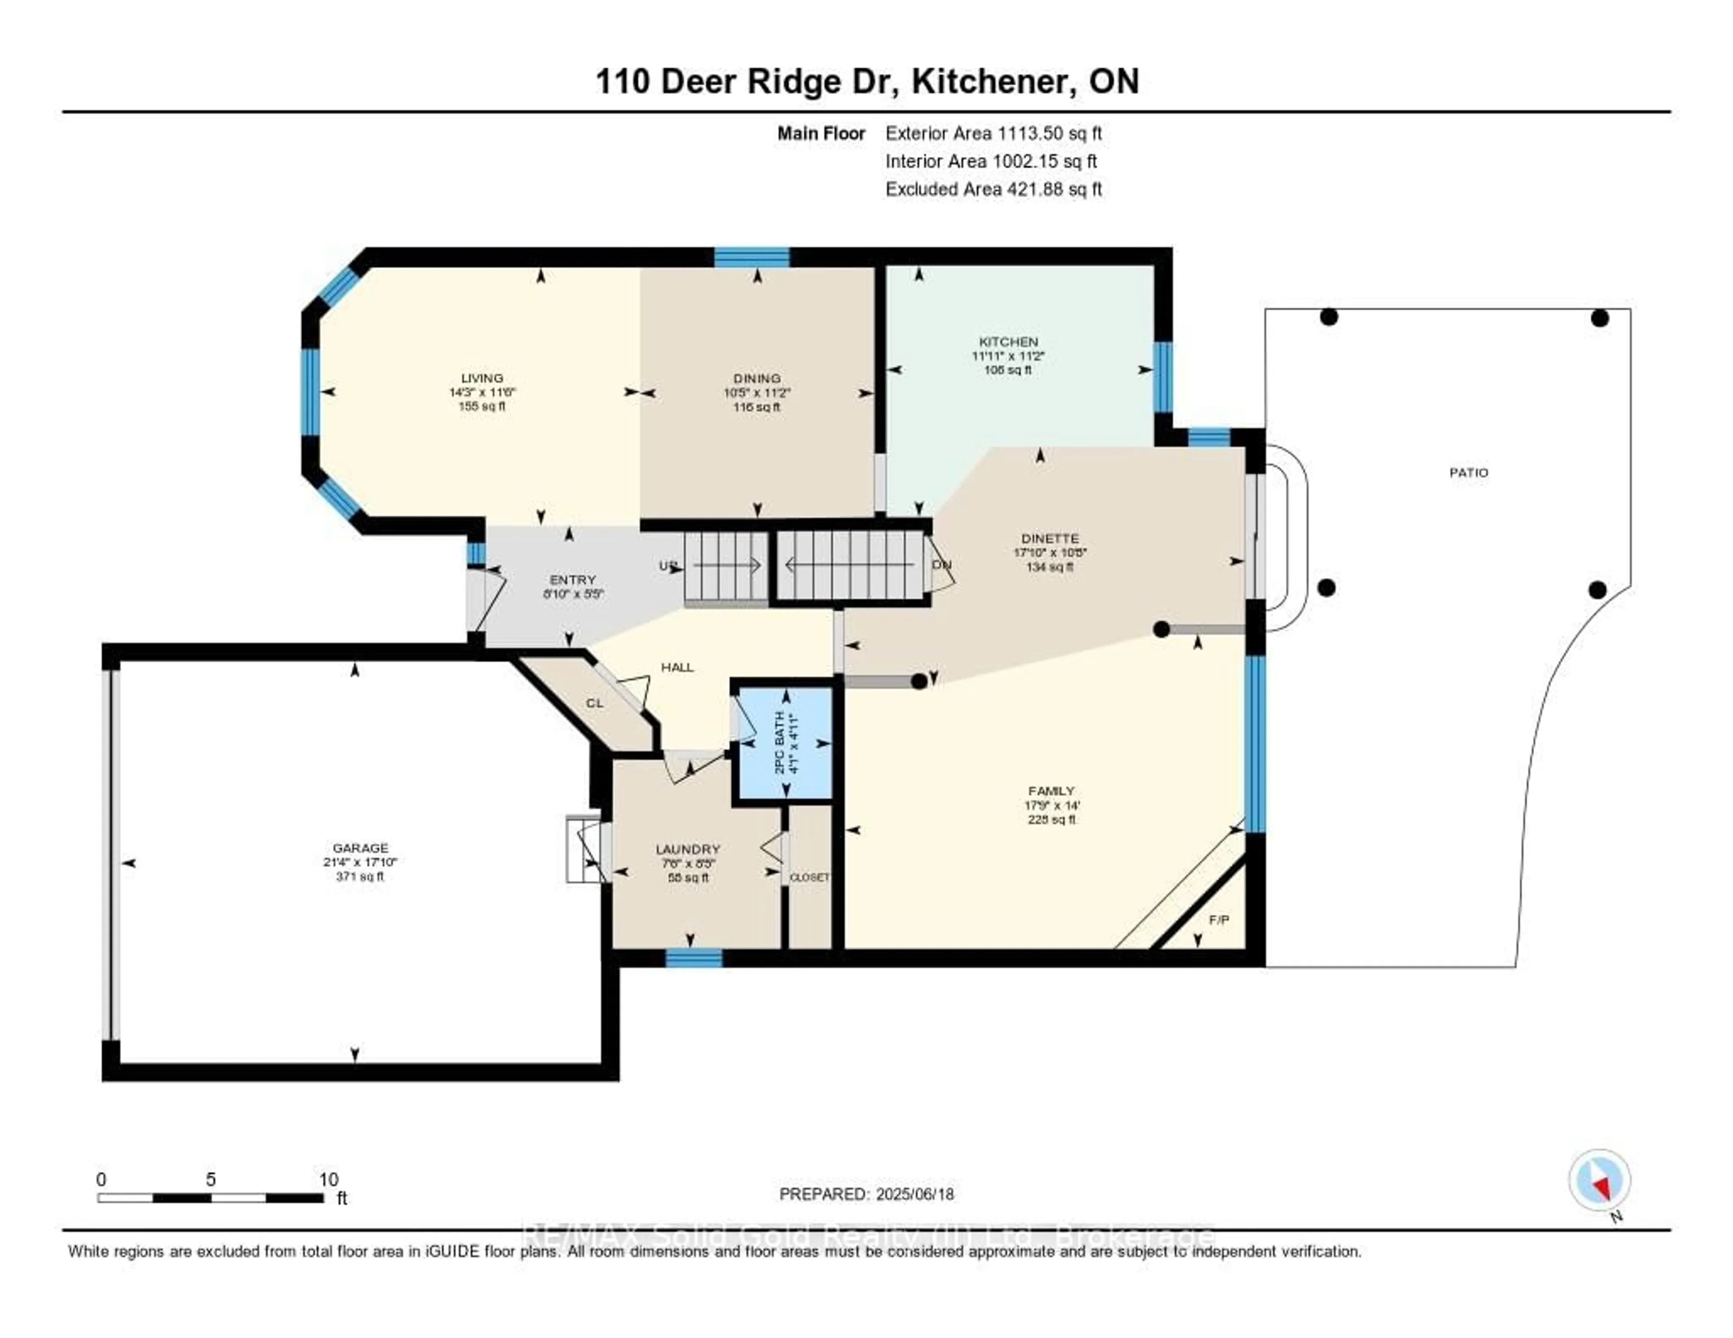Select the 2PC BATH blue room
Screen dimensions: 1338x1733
[786, 743]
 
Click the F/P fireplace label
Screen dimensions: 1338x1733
[1219, 920]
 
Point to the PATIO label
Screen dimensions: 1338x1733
[1469, 473]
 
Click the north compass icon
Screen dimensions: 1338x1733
[1600, 1180]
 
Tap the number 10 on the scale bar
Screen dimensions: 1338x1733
[329, 1179]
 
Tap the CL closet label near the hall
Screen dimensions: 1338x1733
[594, 703]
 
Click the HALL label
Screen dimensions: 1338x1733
[678, 668]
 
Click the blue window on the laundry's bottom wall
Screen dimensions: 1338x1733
[694, 958]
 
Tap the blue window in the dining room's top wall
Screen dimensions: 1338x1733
[751, 257]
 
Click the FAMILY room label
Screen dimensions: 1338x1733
[1052, 791]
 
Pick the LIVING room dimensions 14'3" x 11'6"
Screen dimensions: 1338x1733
[482, 392]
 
